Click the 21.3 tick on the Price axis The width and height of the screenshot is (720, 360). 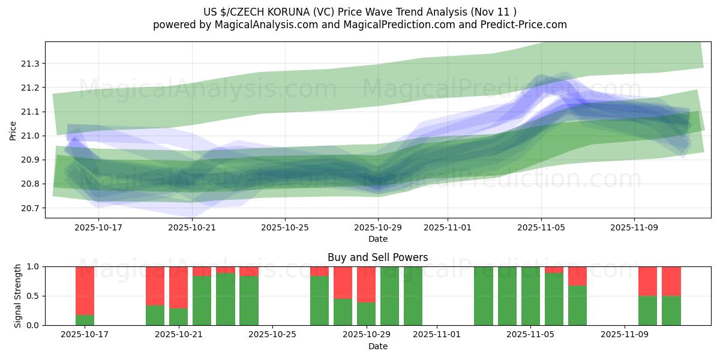pos(31,64)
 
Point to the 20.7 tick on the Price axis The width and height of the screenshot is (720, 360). pos(31,208)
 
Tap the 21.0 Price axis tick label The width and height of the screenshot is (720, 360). pos(31,136)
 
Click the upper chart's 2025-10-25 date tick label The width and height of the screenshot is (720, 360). pos(285,228)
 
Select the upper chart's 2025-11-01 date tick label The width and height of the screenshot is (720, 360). pos(448,228)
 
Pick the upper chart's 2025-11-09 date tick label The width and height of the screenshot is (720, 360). pos(634,228)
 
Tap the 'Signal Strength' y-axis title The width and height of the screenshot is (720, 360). pos(17,296)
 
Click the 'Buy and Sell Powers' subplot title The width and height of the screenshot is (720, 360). pos(377,257)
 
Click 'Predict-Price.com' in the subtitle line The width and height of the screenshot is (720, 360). pos(525,25)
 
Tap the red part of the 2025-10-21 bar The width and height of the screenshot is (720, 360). pos(178,287)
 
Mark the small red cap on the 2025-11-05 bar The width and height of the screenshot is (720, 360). pos(554,269)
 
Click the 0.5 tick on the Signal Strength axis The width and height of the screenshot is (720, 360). pos(37,296)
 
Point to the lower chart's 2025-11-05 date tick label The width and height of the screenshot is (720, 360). pos(531,335)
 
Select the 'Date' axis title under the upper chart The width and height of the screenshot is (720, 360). pos(377,239)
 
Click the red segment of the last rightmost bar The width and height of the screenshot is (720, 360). pos(671,281)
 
